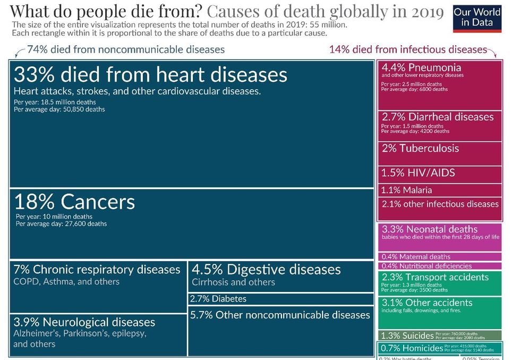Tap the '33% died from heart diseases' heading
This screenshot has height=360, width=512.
tap(150, 74)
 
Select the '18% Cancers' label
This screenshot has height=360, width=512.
tap(74, 202)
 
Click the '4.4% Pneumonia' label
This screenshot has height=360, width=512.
tap(421, 68)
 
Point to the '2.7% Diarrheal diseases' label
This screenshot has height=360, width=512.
tap(438, 117)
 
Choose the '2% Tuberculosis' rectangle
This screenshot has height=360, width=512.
tap(420, 148)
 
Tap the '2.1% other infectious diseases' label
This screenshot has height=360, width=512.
tap(440, 204)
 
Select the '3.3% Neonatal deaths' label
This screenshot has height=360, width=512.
tap(430, 229)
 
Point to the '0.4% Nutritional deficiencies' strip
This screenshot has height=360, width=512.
tap(426, 265)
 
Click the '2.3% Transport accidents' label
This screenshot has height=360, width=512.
tap(435, 277)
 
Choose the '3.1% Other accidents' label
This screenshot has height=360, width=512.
tap(427, 303)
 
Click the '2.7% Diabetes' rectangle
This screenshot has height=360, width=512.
tap(218, 299)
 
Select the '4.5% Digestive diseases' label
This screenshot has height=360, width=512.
tap(266, 270)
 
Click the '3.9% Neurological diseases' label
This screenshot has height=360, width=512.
tap(84, 322)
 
